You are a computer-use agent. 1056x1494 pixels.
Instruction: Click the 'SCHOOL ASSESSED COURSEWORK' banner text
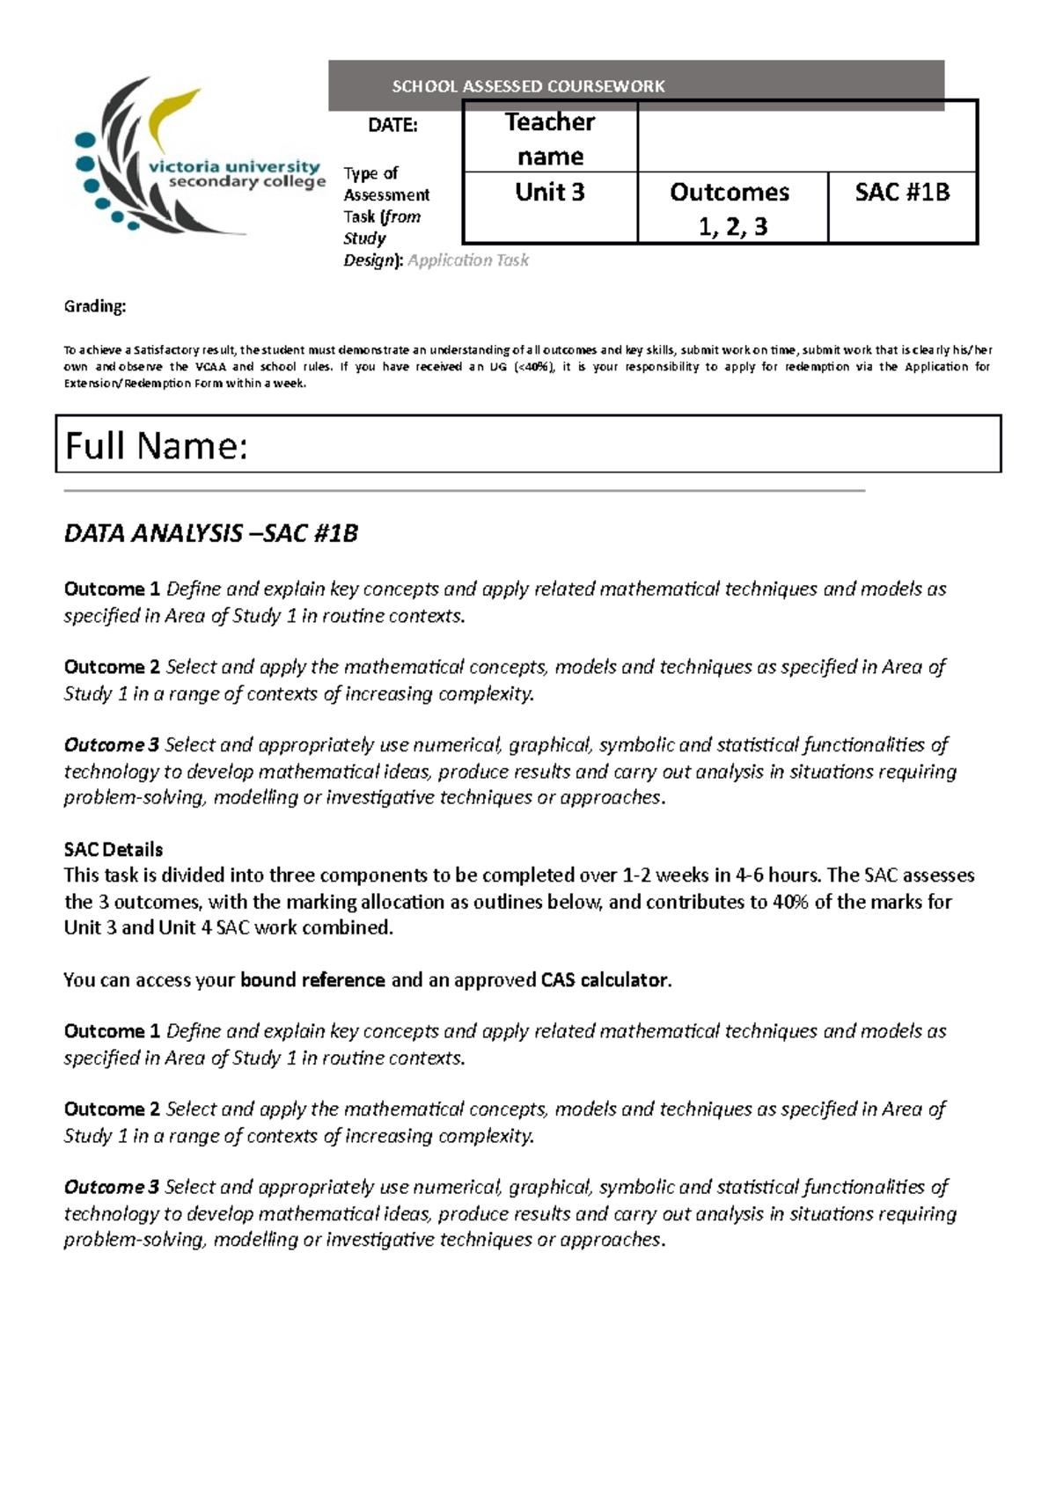(528, 86)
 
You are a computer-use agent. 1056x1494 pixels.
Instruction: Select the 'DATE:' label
(392, 125)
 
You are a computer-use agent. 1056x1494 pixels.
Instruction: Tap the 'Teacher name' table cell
(550, 138)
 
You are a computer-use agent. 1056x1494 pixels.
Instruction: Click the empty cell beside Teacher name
(807, 136)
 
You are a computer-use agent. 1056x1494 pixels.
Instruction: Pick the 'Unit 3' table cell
(550, 193)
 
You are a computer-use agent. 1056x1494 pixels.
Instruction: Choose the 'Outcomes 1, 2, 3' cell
(731, 209)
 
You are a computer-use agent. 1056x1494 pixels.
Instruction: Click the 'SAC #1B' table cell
(902, 193)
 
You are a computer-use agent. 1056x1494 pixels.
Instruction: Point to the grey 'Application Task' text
(468, 260)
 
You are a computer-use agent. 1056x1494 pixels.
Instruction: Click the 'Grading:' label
(95, 306)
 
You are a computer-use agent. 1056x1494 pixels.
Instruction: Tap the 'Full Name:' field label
(157, 446)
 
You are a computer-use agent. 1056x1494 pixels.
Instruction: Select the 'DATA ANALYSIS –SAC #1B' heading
(211, 534)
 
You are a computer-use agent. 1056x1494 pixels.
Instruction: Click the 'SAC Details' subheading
(114, 850)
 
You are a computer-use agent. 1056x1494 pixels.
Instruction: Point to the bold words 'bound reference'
(312, 980)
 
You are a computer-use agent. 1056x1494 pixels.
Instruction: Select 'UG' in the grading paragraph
(498, 367)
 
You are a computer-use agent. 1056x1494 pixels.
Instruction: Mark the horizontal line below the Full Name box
(465, 491)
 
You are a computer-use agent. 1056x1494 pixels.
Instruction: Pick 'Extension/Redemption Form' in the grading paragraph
(143, 384)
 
